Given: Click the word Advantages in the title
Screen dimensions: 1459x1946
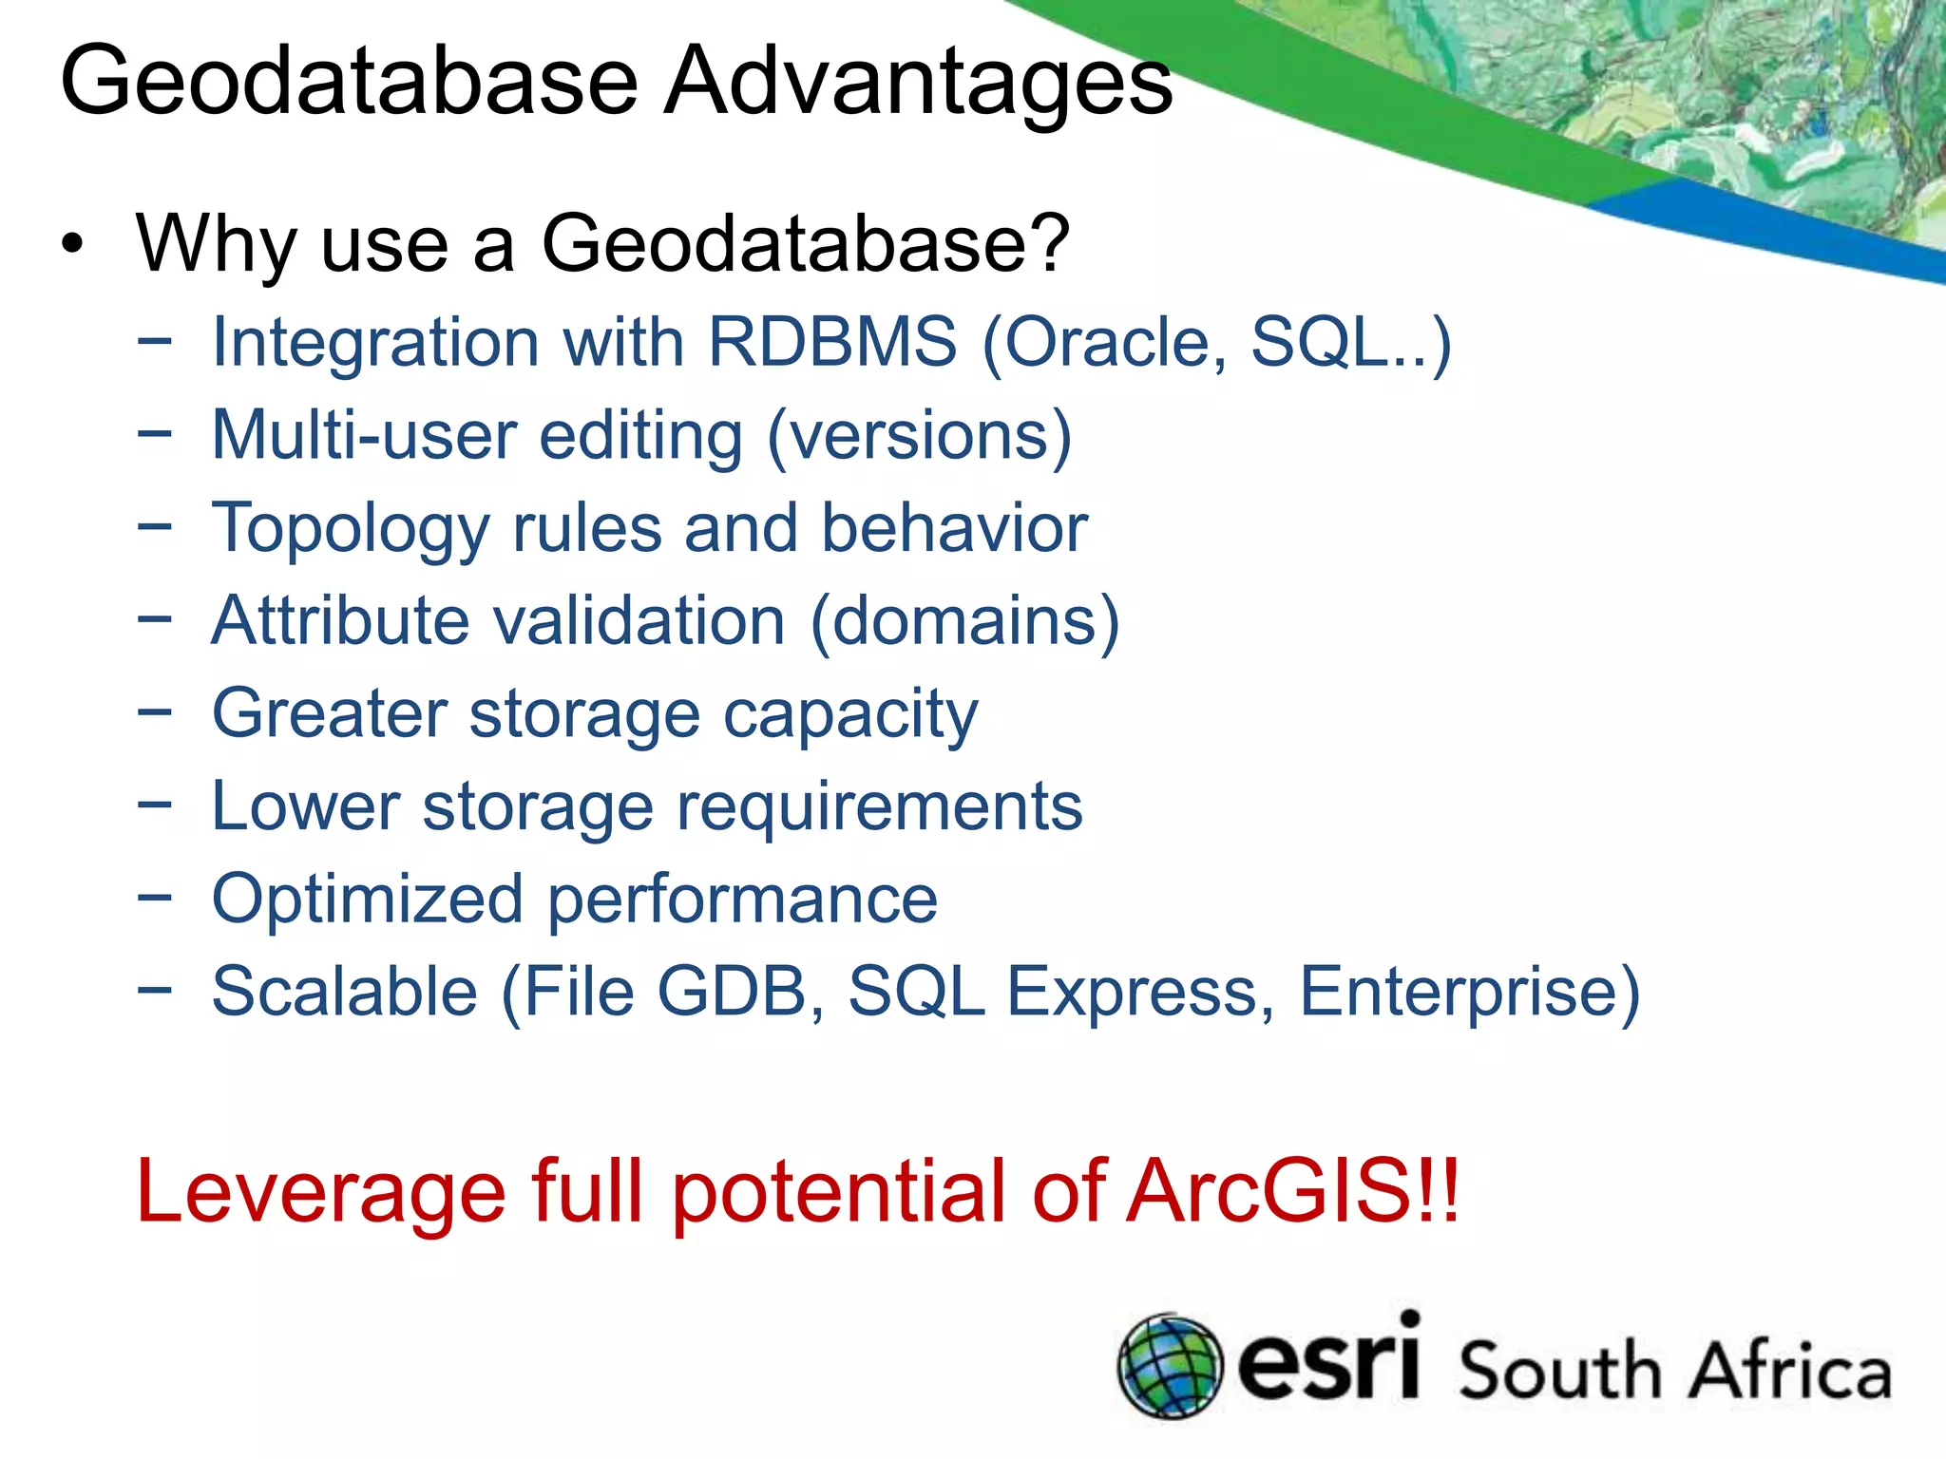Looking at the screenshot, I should (x=918, y=84).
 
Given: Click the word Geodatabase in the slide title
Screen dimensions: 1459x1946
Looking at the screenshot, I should (x=349, y=82).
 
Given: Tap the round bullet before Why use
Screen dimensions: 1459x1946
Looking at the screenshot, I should (x=72, y=245).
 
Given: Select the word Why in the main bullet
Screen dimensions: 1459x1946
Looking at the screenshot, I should (x=217, y=245).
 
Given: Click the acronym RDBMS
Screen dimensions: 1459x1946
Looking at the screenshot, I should (x=832, y=342).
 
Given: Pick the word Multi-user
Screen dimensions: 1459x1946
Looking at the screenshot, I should (x=365, y=435).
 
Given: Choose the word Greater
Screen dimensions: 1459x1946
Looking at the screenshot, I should (x=330, y=713).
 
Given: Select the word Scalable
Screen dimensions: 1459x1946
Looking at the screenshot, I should (x=344, y=992).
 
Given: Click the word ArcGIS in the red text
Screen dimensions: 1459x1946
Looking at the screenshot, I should (x=1292, y=1191).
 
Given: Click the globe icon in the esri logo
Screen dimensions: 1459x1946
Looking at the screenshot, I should (x=1169, y=1367).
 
